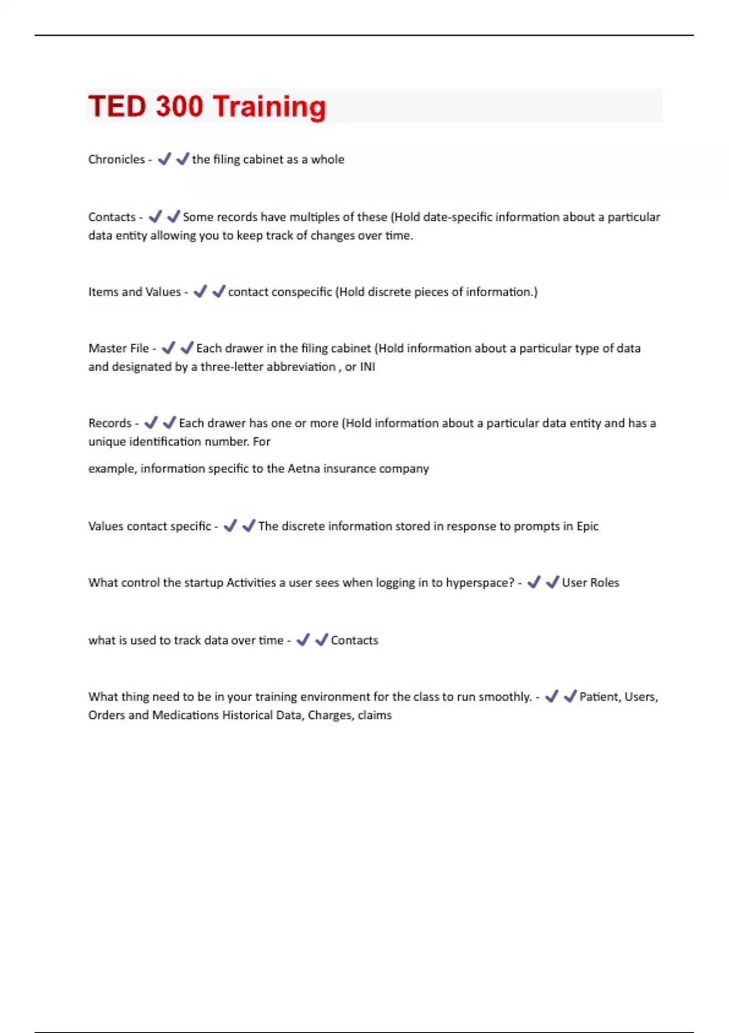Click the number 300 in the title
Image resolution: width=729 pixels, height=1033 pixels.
click(x=179, y=106)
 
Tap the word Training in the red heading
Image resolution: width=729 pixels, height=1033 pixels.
click(x=270, y=108)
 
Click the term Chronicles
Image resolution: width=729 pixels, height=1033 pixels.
click(x=117, y=159)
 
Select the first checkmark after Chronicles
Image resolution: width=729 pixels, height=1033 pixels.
click(x=164, y=159)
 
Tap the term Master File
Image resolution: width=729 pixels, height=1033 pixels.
click(x=118, y=348)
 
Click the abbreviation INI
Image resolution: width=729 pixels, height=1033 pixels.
click(x=368, y=367)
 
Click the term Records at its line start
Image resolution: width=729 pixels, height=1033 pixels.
click(x=110, y=423)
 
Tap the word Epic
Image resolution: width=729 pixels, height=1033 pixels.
click(x=587, y=526)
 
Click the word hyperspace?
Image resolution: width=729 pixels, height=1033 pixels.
click(x=480, y=583)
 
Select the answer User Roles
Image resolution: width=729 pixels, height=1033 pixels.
click(x=590, y=583)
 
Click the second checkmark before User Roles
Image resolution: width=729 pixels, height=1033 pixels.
click(x=552, y=583)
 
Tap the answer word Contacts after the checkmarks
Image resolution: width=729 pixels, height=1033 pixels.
click(x=354, y=640)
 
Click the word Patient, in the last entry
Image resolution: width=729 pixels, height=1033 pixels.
click(x=600, y=697)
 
